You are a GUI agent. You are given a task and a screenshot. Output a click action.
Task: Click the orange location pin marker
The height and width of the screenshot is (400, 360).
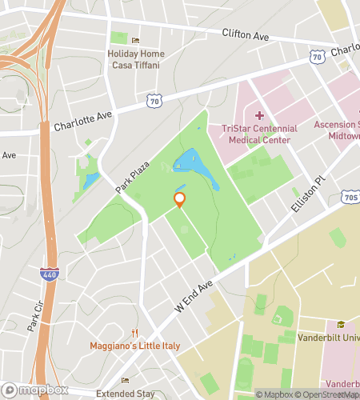point(180,200)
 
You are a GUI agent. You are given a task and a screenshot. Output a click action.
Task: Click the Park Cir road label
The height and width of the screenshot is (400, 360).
point(34,315)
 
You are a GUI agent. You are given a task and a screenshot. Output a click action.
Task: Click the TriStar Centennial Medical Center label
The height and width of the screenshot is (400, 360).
point(253,134)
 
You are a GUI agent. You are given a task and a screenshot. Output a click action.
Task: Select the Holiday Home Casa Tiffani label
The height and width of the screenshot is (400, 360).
point(136,59)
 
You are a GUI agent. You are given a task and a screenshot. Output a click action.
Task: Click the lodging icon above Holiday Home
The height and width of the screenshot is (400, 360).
point(135,41)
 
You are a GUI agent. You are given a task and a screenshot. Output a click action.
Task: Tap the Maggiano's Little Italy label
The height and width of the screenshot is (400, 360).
point(135,346)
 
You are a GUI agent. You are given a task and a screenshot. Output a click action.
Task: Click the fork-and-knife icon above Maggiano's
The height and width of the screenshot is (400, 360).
point(135,333)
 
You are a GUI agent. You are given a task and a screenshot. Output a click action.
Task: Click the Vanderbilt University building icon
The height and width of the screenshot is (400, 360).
point(342,324)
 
